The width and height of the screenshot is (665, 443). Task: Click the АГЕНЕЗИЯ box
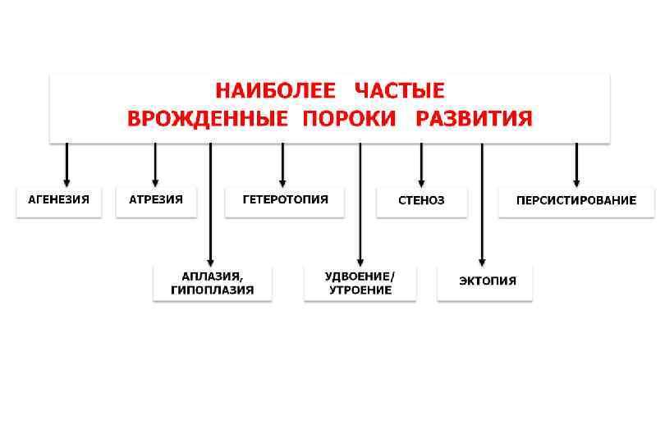[x=59, y=201]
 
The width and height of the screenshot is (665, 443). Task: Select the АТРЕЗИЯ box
[x=156, y=201]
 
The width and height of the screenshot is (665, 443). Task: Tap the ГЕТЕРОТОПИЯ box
[x=285, y=201]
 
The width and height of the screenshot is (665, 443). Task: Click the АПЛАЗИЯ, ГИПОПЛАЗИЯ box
[x=212, y=283]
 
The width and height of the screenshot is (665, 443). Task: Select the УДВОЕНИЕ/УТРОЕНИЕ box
[x=360, y=283]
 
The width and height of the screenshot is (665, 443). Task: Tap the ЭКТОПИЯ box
[x=484, y=282]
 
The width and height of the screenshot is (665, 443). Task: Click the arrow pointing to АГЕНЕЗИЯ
[x=66, y=164]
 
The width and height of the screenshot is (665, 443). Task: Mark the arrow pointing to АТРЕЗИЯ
[x=155, y=164]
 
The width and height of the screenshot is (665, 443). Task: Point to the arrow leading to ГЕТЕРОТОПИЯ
[x=282, y=164]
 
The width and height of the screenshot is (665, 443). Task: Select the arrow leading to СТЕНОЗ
[x=421, y=164]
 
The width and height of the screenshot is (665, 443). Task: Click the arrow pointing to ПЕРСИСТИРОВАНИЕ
[x=576, y=164]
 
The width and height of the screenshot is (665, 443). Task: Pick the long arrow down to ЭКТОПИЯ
[x=482, y=205]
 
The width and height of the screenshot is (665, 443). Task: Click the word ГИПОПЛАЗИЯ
[x=212, y=290]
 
